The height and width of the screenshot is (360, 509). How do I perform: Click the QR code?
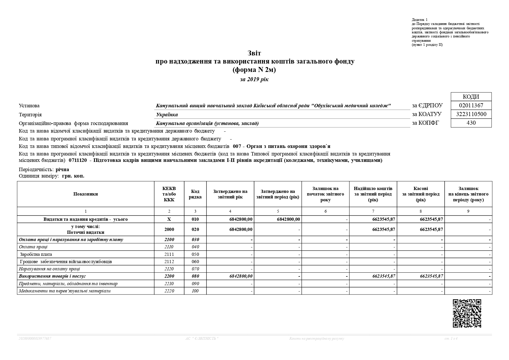(467, 313)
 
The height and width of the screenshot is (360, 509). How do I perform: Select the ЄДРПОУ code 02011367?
(471, 105)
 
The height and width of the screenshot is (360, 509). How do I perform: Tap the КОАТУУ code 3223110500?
(471, 114)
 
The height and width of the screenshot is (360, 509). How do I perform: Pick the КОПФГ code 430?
(471, 123)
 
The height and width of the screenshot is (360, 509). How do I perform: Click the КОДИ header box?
(471, 97)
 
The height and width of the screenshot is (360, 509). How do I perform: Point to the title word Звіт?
(254, 53)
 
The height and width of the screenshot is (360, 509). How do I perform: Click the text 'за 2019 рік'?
(254, 79)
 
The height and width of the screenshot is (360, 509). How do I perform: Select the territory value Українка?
(167, 115)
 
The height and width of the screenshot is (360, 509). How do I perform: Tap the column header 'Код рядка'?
(195, 194)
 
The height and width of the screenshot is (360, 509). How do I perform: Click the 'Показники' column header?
(86, 194)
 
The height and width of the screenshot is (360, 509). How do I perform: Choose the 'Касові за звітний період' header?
(421, 194)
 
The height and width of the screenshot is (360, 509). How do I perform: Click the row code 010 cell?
(195, 219)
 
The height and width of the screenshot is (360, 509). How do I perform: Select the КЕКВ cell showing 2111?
(169, 254)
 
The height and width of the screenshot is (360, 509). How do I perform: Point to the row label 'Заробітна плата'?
(36, 254)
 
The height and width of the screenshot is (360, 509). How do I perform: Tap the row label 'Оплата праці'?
(33, 247)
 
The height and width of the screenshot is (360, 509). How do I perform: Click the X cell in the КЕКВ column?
(169, 219)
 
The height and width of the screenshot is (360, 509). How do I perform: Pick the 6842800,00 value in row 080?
(241, 276)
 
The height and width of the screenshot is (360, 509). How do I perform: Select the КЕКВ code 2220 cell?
(169, 291)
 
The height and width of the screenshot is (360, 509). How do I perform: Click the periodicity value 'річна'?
(62, 170)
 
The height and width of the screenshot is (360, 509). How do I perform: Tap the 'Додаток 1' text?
(419, 20)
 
